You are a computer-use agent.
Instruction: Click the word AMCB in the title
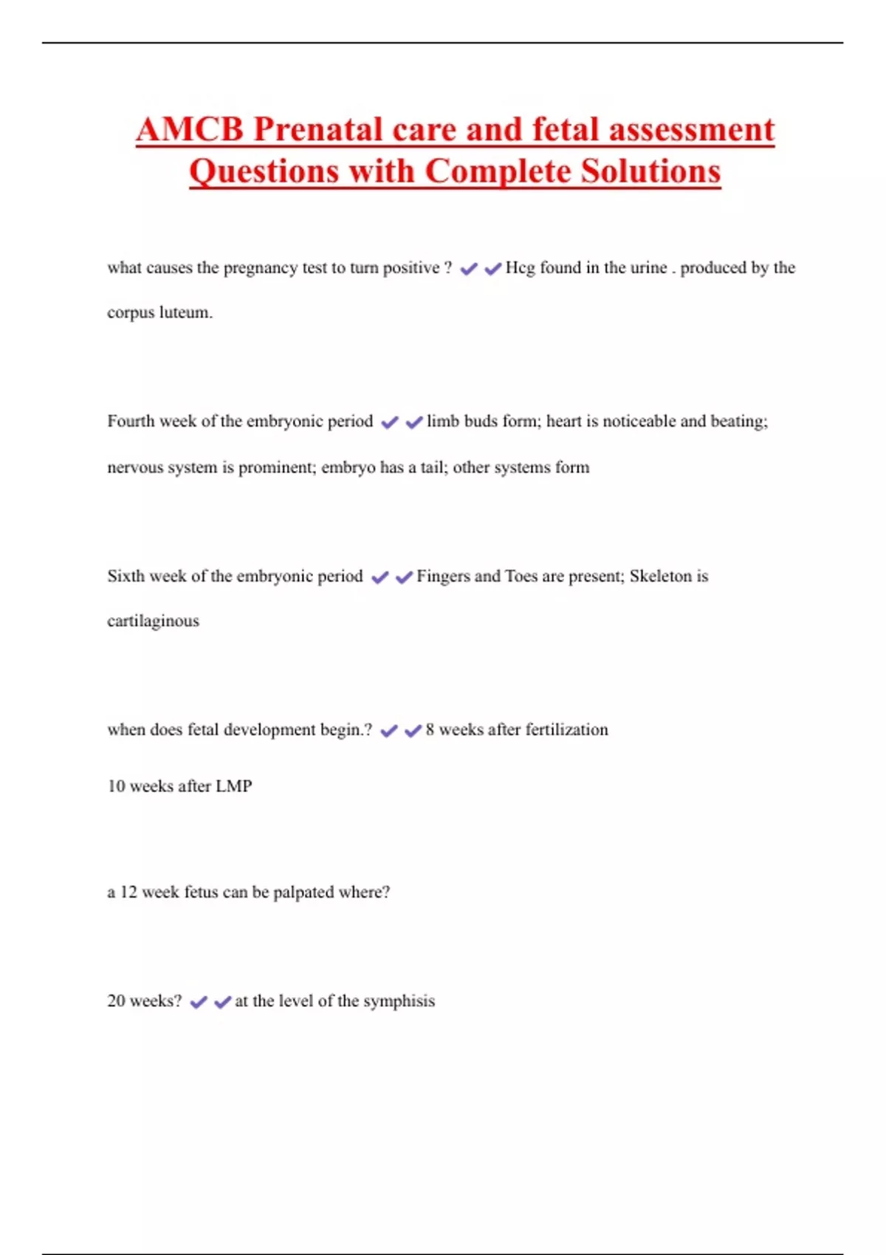tap(189, 130)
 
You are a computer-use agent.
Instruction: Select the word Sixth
tap(126, 577)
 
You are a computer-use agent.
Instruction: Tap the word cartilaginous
tap(153, 622)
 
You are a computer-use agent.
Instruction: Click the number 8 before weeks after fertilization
tap(430, 730)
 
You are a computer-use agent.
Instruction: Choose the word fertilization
tap(566, 730)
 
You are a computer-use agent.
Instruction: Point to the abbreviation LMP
tap(233, 786)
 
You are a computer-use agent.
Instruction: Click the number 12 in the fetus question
tap(128, 893)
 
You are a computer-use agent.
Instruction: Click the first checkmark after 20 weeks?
tap(198, 1003)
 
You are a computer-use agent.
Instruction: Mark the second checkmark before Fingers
tap(404, 577)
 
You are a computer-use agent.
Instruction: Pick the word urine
tap(650, 268)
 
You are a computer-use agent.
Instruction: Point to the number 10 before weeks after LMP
tap(116, 786)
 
